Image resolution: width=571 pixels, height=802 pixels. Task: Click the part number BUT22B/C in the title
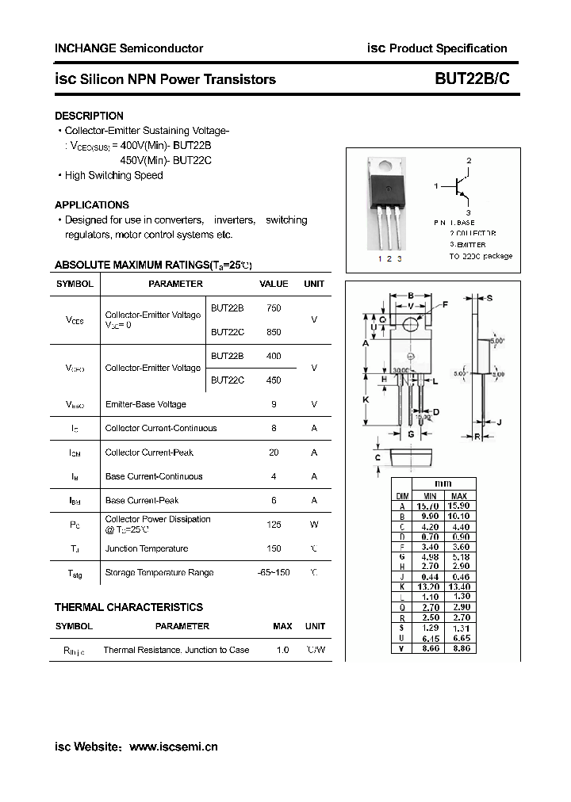(x=472, y=79)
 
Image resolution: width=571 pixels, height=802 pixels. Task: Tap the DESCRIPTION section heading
(x=89, y=116)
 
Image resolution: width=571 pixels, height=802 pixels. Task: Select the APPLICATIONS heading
(x=92, y=204)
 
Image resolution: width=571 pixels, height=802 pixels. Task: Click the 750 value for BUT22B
(x=274, y=307)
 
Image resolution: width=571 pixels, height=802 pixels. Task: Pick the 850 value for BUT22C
(x=274, y=332)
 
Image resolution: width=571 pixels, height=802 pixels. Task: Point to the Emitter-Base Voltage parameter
(x=145, y=404)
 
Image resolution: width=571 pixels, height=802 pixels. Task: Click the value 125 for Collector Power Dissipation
(x=274, y=524)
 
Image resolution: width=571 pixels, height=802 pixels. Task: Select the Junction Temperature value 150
(x=274, y=548)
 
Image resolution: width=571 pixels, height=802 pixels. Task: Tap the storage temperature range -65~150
(x=274, y=572)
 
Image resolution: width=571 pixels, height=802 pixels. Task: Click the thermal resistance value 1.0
(x=282, y=650)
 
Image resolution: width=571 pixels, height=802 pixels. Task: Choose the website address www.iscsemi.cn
(x=173, y=747)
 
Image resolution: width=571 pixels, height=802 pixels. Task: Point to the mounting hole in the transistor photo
(x=388, y=166)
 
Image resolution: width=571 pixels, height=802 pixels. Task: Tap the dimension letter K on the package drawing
(x=366, y=400)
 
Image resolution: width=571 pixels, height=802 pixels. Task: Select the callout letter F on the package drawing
(x=445, y=304)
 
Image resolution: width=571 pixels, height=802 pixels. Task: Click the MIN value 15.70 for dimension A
(x=428, y=506)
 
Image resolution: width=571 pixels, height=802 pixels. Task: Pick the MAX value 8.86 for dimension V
(x=459, y=648)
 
